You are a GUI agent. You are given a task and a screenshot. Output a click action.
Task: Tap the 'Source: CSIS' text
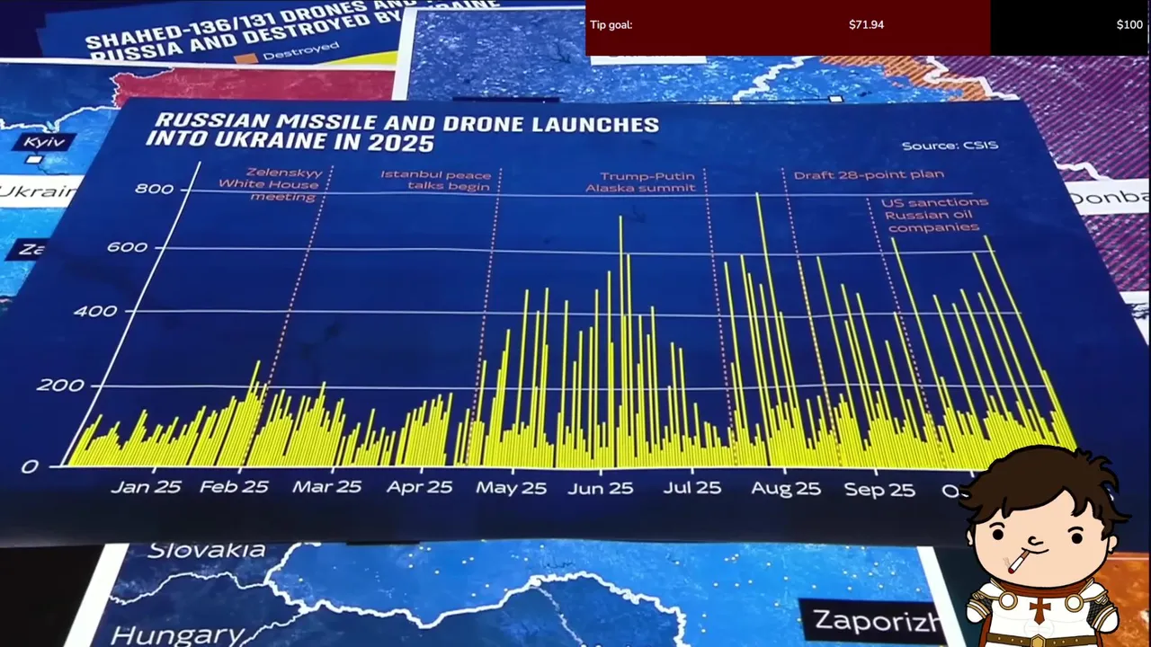950,146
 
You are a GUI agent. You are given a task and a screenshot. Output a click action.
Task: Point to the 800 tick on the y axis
154,189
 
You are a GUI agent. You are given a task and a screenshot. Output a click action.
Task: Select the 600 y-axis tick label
128,247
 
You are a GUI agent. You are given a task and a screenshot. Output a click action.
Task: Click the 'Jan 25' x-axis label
146,487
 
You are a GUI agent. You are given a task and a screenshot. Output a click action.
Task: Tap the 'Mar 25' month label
326,487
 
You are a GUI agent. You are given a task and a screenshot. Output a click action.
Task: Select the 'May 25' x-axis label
511,488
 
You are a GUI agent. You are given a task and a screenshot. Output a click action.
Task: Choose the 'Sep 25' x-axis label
879,490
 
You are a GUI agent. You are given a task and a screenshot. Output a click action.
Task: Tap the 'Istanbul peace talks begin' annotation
437,181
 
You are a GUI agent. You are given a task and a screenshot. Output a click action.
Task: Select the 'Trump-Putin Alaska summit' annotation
640,182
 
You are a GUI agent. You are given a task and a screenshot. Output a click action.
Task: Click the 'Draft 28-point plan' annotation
869,174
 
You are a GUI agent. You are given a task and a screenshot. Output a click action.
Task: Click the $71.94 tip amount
866,24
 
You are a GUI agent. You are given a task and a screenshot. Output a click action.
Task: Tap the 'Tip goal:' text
611,24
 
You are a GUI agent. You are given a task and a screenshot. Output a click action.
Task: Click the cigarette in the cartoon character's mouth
1018,563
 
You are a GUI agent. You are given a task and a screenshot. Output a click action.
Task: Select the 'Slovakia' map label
207,550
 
